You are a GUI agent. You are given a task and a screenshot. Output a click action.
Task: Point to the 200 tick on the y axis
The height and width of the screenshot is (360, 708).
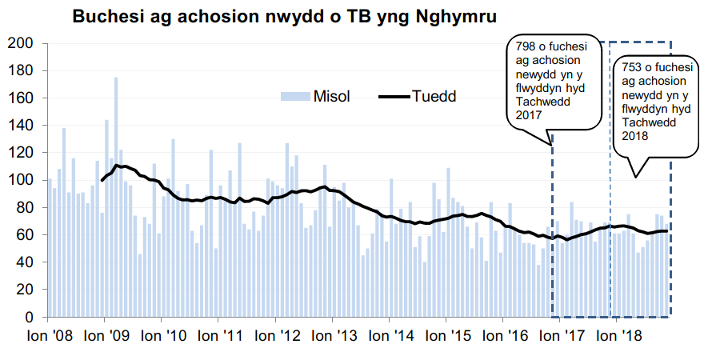[19, 43]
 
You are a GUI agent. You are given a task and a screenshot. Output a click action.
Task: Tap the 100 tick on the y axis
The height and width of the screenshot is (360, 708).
[19, 180]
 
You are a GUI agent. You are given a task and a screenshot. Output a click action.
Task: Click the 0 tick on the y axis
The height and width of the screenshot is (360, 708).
[28, 317]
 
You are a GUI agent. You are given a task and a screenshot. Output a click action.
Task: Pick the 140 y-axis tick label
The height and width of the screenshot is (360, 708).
[19, 126]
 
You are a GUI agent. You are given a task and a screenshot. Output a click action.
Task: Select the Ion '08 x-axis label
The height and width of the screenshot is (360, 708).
[49, 337]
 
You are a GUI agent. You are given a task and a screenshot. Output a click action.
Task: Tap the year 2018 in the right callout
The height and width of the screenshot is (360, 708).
[634, 135]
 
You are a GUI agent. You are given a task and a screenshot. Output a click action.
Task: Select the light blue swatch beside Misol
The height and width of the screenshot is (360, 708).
[294, 97]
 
